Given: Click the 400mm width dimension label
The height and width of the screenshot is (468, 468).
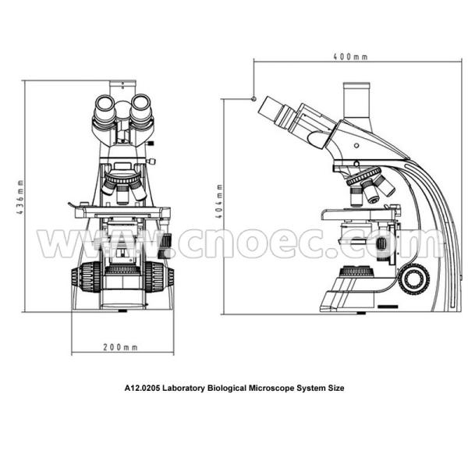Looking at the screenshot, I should pyautogui.click(x=349, y=57).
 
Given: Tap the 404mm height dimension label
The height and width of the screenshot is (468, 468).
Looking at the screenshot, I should pyautogui.click(x=222, y=204).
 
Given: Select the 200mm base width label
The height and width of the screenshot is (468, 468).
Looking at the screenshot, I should pyautogui.click(x=120, y=346).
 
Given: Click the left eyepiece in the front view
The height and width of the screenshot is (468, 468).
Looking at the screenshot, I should pyautogui.click(x=106, y=111).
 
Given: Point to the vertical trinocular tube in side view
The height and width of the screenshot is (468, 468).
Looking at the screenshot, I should pyautogui.click(x=358, y=101).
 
